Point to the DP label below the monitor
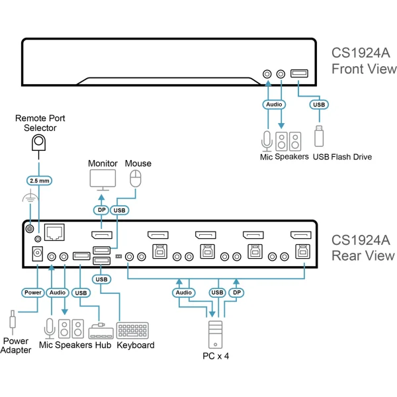click(101, 210)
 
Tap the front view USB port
click(298, 74)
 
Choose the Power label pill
click(33, 292)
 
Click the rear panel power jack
click(38, 253)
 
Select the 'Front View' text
click(364, 69)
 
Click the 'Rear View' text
click(363, 255)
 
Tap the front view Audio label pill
click(274, 104)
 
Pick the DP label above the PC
click(237, 292)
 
